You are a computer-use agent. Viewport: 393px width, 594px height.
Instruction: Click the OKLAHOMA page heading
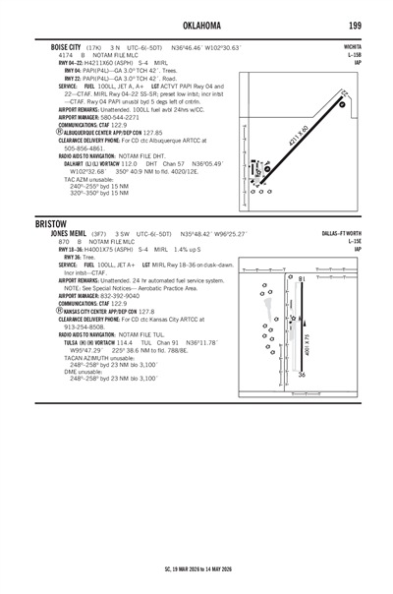[x=196, y=24]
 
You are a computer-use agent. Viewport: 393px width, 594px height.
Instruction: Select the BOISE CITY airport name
[x=55, y=45]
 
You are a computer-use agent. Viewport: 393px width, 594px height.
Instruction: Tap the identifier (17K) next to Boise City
[x=95, y=45]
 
